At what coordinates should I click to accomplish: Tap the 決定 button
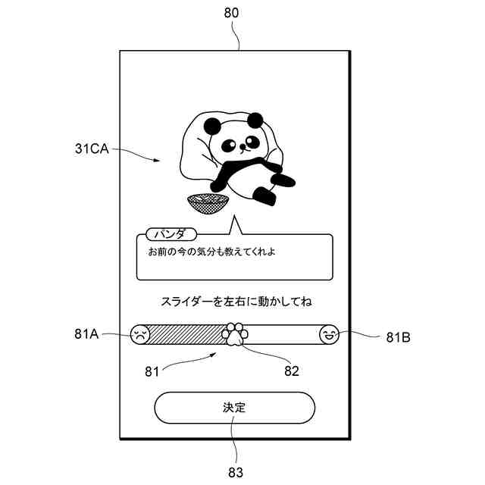click(234, 408)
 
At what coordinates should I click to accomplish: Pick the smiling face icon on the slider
click(328, 334)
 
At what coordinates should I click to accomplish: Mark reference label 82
click(292, 371)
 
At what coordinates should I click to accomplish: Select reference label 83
click(236, 473)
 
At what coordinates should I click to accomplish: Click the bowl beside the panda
click(208, 203)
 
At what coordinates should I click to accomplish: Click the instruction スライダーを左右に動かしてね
click(236, 301)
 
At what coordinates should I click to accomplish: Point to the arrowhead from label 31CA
click(158, 161)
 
